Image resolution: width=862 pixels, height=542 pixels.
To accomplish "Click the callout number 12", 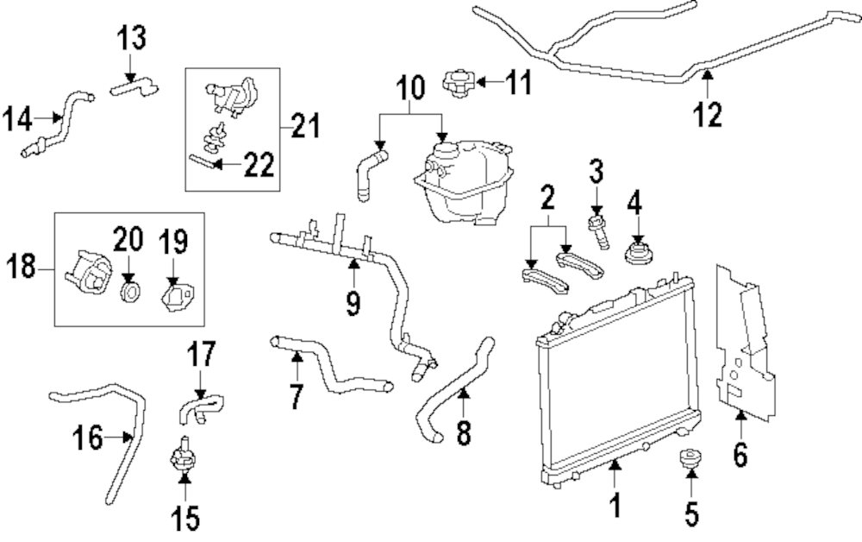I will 708,114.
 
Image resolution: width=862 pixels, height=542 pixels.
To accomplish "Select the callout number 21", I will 303,128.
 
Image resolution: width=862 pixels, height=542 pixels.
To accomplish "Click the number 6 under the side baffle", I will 740,453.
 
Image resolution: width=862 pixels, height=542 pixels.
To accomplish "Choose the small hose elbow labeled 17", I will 201,406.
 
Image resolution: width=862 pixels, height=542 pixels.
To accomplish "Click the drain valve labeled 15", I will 183,457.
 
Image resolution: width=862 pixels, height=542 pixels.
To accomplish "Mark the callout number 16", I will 87,438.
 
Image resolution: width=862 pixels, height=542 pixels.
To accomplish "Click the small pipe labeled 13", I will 134,85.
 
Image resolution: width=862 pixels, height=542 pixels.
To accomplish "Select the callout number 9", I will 353,304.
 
